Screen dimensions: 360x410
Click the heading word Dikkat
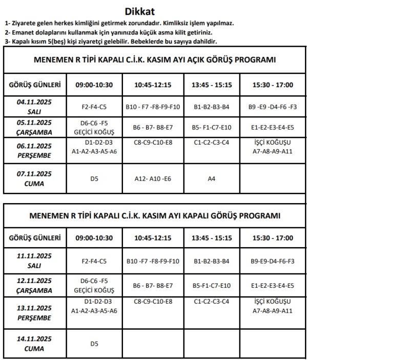tap(139, 11)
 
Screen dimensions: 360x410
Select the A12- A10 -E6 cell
tap(152, 178)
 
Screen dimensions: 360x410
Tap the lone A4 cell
tap(211, 178)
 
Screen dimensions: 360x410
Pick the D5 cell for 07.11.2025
tap(94, 178)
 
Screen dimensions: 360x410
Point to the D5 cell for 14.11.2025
tap(94, 344)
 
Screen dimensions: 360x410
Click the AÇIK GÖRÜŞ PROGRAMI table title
tap(154, 60)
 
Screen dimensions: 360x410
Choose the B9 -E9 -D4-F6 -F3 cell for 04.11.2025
tap(273, 107)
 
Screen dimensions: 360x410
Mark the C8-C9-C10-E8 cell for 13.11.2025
tap(152, 302)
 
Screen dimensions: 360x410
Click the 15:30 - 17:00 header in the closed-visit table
tap(273, 238)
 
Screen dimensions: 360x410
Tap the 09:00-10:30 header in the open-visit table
tap(94, 84)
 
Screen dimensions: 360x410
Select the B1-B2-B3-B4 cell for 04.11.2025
tap(211, 107)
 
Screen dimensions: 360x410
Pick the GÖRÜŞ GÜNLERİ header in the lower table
tap(35, 238)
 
